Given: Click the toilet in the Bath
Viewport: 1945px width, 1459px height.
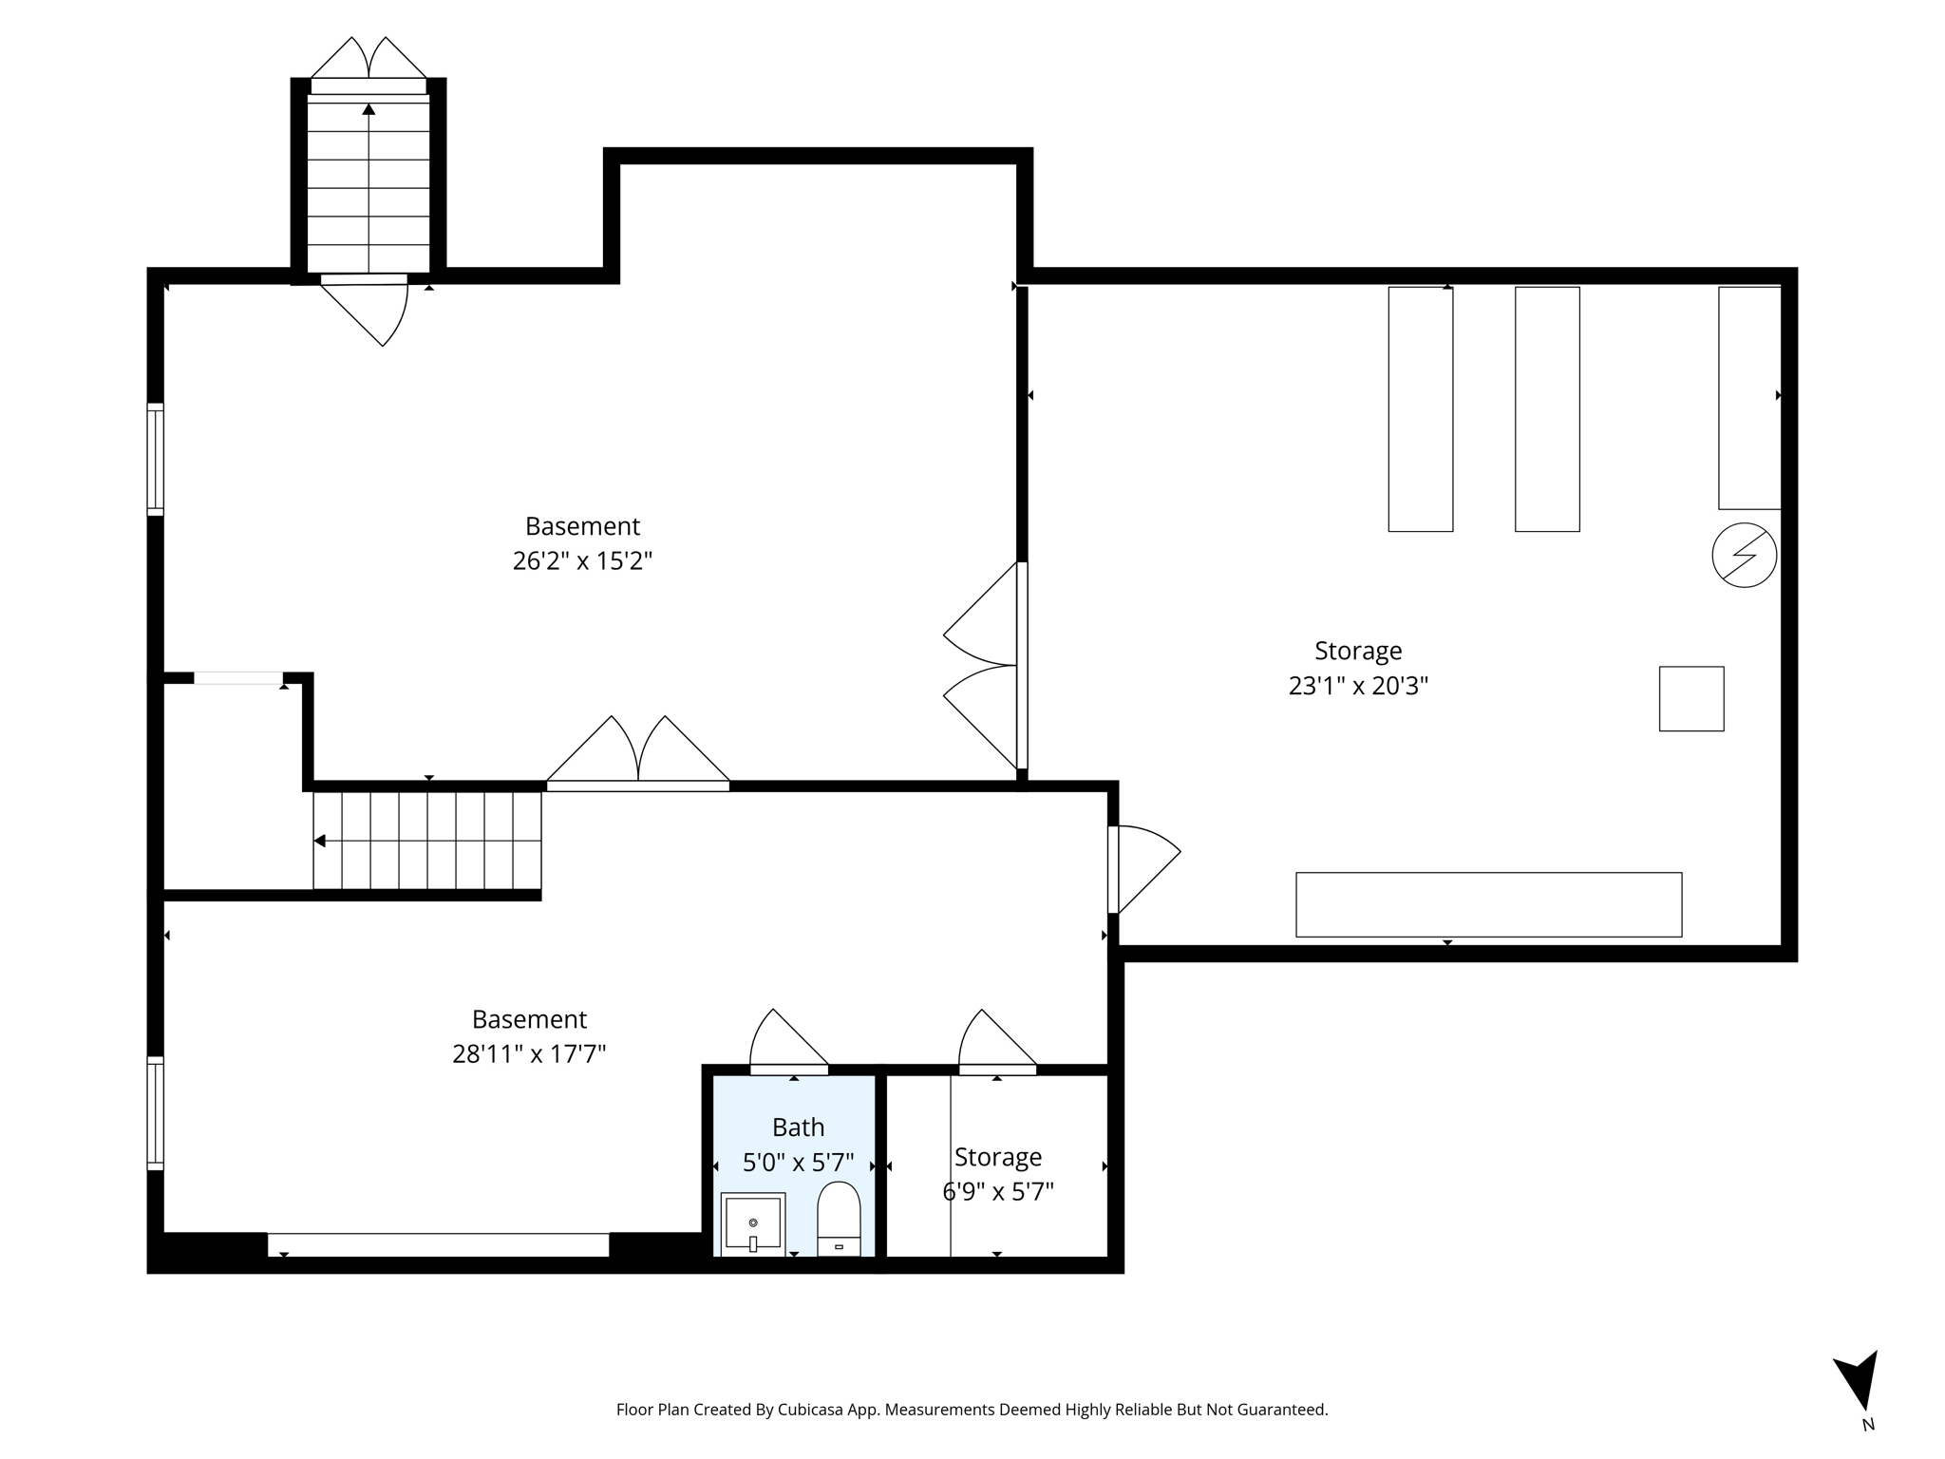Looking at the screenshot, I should coord(839,1219).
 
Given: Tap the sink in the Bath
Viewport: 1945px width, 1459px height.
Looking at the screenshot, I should coord(752,1223).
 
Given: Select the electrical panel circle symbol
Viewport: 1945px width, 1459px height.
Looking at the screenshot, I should coord(1744,555).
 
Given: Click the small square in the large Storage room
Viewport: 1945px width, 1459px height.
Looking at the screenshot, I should coord(1690,698).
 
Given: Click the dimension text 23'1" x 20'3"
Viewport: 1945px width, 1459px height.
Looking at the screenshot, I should coord(1357,686).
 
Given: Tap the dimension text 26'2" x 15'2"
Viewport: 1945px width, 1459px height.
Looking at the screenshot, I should coord(582,561).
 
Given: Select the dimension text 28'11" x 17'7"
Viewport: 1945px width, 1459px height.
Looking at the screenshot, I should coord(529,1054).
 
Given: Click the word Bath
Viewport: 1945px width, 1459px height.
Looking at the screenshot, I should coord(798,1127).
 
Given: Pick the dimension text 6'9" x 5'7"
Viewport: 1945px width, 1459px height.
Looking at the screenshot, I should coord(997,1191).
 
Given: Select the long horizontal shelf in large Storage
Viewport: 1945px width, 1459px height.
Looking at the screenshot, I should coord(1488,904).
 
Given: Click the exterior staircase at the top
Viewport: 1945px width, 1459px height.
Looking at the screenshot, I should coord(368,180).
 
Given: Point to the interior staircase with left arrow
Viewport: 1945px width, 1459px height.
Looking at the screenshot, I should coord(427,841).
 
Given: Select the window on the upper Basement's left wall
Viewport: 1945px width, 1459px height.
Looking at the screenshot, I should coord(155,460).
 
